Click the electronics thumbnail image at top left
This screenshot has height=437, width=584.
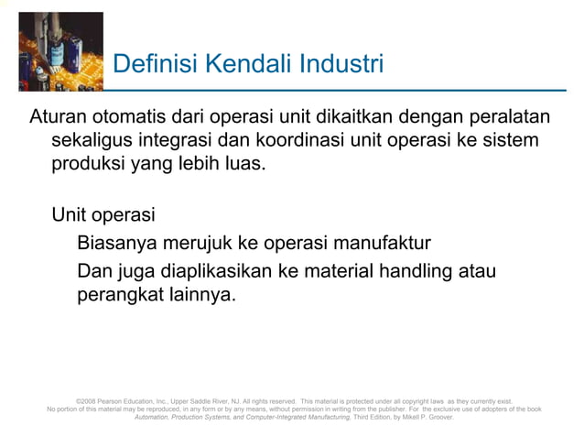pyautogui.click(x=60, y=50)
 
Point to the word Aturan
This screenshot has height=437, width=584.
pyautogui.click(x=60, y=120)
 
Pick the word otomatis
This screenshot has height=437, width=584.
pyautogui.click(x=134, y=120)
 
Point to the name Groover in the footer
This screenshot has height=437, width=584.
pyautogui.click(x=437, y=417)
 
